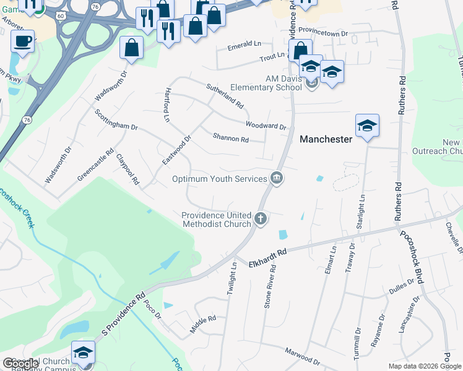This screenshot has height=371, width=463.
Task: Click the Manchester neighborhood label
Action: [x=326, y=140]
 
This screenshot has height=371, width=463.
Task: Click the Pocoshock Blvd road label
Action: [x=412, y=257]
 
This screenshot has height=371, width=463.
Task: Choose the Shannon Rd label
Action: [x=230, y=138]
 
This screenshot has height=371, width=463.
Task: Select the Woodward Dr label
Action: [x=266, y=125]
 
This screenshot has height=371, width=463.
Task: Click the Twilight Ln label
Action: [x=231, y=281]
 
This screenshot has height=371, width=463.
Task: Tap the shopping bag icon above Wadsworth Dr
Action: [x=132, y=47]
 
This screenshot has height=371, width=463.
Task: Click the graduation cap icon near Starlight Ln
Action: [x=367, y=126]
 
